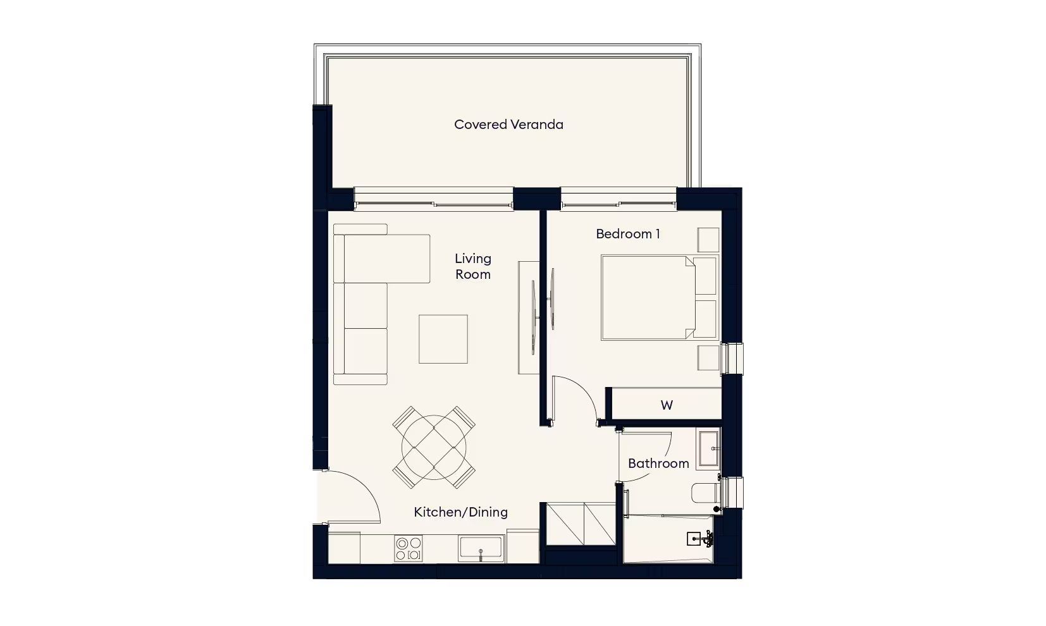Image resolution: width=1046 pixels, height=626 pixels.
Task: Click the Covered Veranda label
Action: [508, 125]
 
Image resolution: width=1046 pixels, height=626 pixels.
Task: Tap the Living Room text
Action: [473, 267]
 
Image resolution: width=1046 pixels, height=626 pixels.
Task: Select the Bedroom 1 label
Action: [628, 234]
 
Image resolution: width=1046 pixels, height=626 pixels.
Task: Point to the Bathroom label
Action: [658, 463]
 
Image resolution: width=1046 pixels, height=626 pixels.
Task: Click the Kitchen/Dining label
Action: [461, 512]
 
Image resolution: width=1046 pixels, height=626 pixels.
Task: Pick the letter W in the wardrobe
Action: [667, 405]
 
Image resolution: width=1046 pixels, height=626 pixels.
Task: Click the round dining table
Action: [434, 448]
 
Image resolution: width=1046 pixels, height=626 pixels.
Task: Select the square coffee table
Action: [443, 339]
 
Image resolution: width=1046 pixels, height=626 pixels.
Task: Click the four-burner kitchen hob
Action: [409, 548]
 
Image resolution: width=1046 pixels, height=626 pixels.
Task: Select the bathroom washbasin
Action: [708, 448]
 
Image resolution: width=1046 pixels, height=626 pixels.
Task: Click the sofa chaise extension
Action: [387, 259]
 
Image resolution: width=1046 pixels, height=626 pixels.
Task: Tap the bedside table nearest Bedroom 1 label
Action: [708, 240]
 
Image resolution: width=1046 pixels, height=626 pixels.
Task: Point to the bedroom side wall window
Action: [732, 359]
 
